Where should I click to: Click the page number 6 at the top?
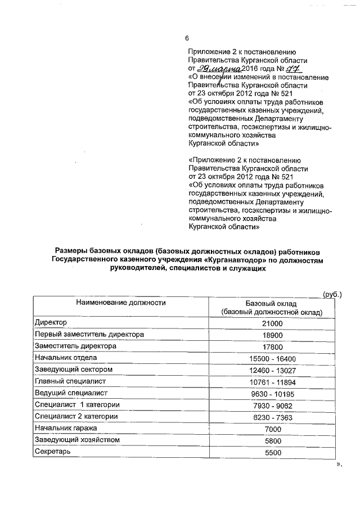click(x=187, y=39)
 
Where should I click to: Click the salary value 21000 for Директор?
click(x=272, y=323)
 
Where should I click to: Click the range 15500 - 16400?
click(x=272, y=358)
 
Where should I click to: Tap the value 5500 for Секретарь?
click(x=272, y=452)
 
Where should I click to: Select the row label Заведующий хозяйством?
click(x=76, y=440)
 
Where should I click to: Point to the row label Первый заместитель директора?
click(x=89, y=335)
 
